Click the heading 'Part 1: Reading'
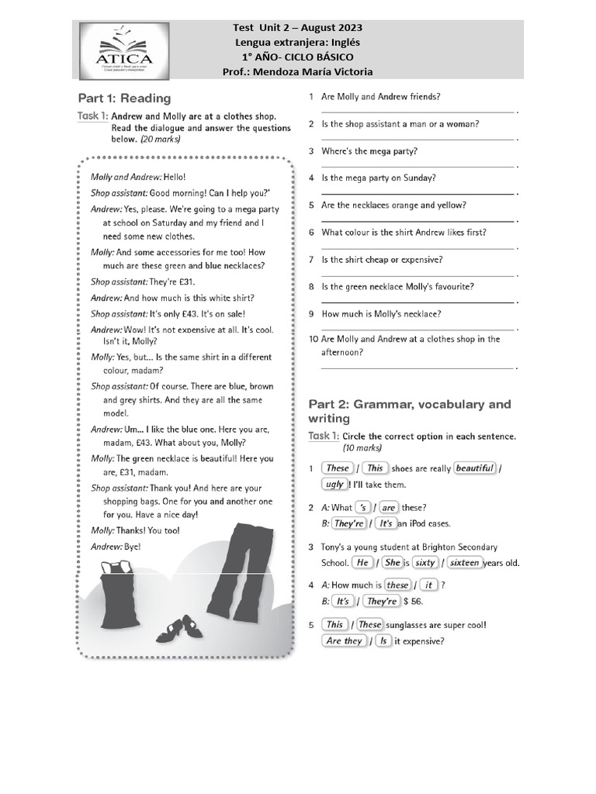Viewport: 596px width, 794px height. (x=124, y=98)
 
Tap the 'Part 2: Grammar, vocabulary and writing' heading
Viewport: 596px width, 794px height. (x=410, y=411)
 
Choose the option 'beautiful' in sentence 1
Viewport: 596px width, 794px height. (x=474, y=468)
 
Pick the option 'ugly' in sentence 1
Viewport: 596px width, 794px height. (x=334, y=484)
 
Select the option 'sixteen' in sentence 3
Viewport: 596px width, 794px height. (x=464, y=563)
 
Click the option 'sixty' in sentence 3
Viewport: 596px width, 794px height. (x=424, y=563)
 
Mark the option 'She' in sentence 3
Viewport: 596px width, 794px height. (x=392, y=563)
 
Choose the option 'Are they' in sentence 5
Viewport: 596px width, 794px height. (x=344, y=641)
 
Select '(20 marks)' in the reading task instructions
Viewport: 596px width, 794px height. (x=160, y=140)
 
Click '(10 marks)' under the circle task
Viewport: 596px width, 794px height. (x=362, y=448)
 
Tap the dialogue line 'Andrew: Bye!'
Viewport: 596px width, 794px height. (x=116, y=546)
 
